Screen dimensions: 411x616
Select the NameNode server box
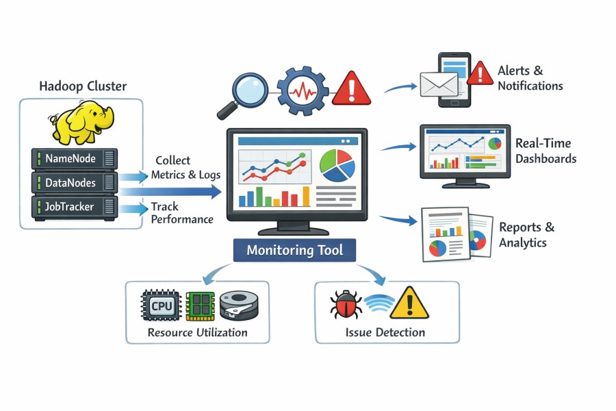(75, 159)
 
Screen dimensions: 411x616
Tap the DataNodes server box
(75, 182)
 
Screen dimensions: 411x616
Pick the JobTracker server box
(75, 206)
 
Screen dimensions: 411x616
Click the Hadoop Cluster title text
(83, 86)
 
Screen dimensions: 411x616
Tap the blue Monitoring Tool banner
(294, 250)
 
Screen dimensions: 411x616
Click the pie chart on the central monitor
(337, 166)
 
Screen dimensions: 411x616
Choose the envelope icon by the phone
(438, 86)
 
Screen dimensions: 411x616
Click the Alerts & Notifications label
(530, 78)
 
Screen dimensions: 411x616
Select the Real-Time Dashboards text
(545, 151)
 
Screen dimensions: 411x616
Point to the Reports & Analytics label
(526, 235)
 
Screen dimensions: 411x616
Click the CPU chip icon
(162, 306)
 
